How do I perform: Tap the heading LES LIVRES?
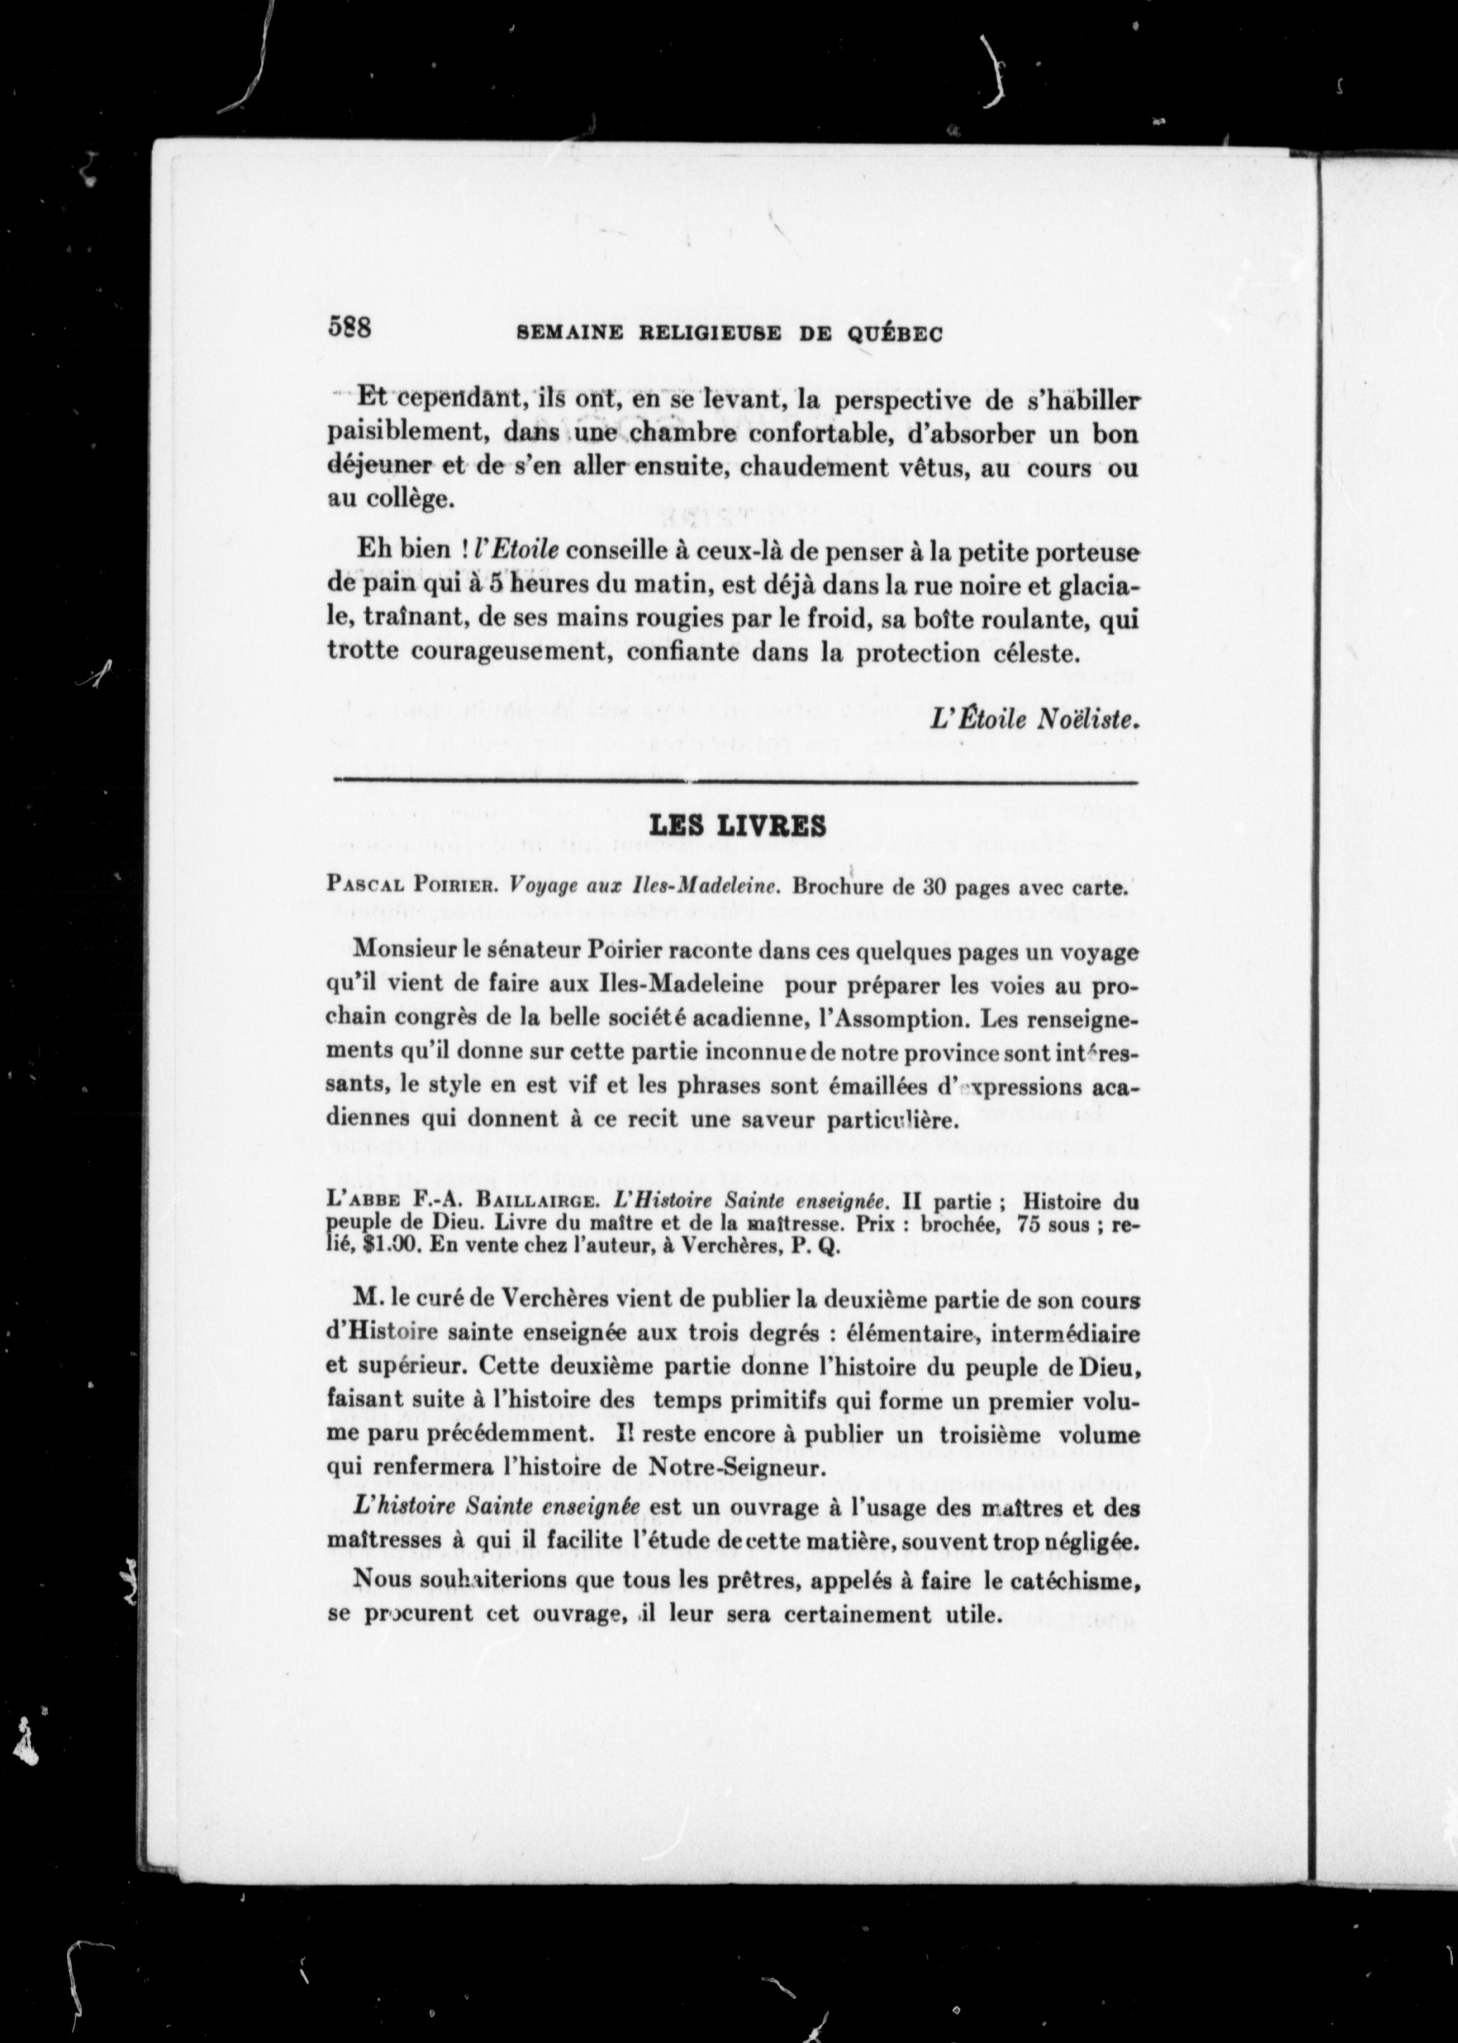coord(737,826)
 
